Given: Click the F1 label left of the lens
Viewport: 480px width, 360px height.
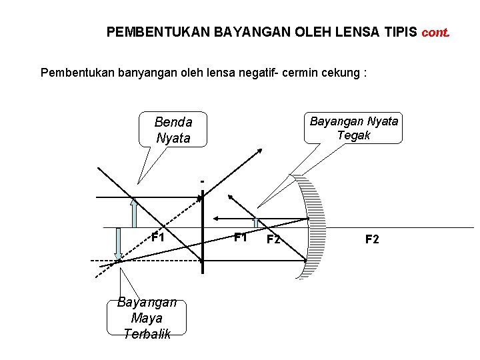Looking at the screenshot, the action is coord(157,237).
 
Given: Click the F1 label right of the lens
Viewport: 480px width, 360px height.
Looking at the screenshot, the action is coord(240,237).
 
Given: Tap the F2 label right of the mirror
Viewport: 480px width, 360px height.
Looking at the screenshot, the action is coord(372,239).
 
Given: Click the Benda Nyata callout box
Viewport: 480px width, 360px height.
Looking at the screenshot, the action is coord(173,130).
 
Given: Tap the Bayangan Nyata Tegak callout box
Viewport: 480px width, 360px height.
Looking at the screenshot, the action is coord(353,127).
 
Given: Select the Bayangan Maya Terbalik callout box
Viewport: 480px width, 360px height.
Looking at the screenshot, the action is coord(147,318).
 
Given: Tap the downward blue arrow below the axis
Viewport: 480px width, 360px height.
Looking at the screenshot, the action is coord(118,244).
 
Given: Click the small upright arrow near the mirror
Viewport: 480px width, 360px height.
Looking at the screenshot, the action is coord(255,223).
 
